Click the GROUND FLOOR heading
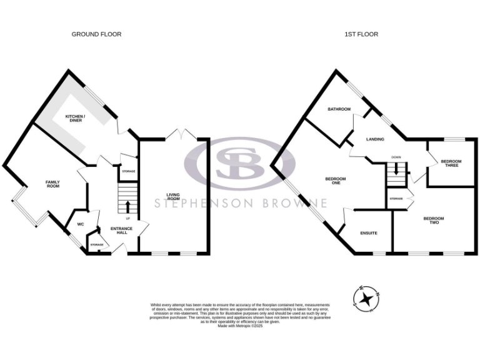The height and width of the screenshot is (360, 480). tap(96, 34)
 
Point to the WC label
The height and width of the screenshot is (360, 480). tap(81, 224)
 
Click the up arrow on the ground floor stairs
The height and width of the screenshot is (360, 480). tap(128, 206)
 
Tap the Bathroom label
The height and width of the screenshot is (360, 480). tap(339, 109)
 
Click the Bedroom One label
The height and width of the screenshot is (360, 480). tap(336, 181)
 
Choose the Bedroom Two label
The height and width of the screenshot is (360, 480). tap(434, 220)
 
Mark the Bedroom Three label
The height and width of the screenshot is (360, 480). tap(451, 164)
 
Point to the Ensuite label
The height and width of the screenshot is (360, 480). tap(369, 233)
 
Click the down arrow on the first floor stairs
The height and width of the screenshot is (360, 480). tap(396, 168)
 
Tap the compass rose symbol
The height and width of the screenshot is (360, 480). tap(366, 298)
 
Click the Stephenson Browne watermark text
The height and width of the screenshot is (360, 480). tap(241, 203)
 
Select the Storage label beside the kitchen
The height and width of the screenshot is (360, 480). tap(128, 171)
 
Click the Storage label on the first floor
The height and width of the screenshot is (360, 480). tap(396, 199)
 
